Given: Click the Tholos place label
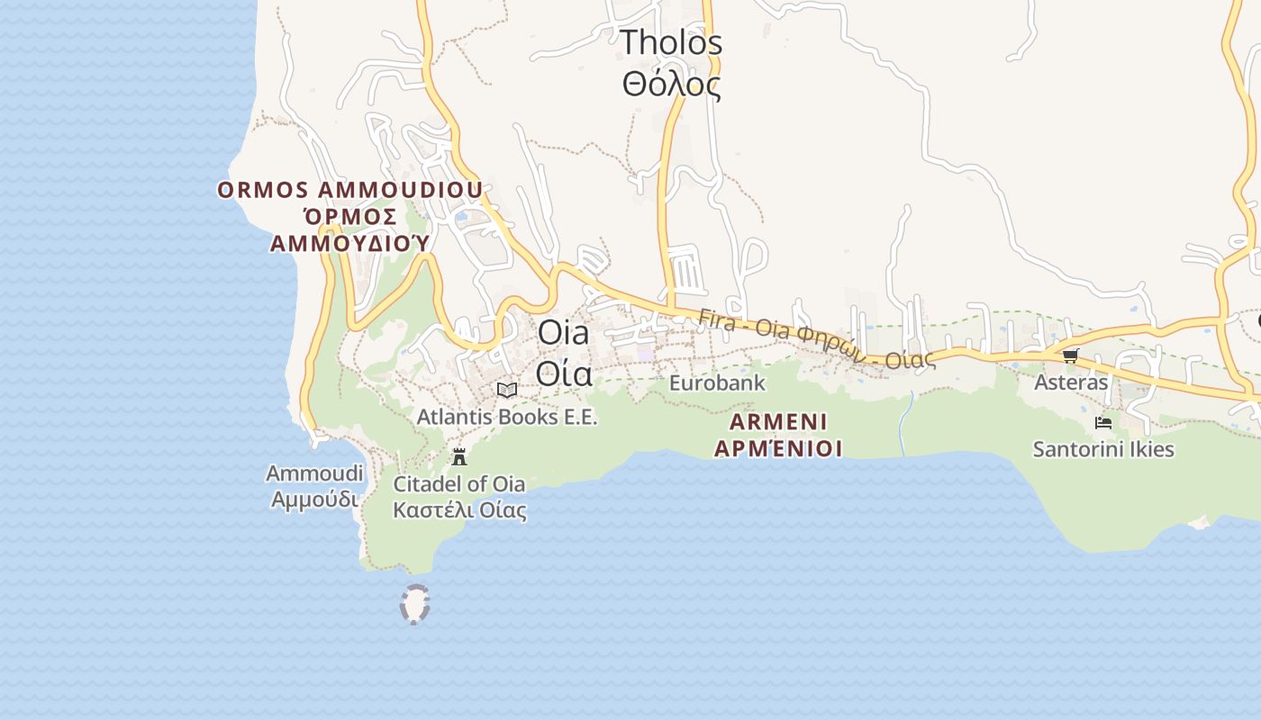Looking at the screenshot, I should [671, 42].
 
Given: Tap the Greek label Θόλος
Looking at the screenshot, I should [671, 85].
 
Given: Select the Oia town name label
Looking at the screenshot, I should [563, 333].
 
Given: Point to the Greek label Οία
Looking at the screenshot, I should [564, 372].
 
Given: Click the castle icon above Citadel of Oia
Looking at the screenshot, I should [459, 456].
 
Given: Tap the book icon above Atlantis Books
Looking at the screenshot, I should [507, 390].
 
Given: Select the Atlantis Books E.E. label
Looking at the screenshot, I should [507, 418].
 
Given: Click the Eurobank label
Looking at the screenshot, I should [717, 383].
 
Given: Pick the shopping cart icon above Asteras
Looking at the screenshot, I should [1070, 355].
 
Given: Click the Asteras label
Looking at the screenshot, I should [1071, 382].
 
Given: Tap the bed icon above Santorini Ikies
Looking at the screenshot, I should [1103, 422].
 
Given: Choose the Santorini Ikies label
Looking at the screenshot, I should [1103, 449].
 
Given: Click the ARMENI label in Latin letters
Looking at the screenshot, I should [778, 422].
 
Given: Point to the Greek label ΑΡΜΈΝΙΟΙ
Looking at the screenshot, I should [778, 448].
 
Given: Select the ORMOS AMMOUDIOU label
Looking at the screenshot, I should [350, 191].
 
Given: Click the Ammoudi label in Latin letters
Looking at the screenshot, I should [314, 473].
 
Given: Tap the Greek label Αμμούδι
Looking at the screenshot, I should [314, 499].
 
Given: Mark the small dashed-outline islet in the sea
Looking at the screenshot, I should [414, 604].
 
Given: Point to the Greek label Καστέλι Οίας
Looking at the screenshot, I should [459, 511].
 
